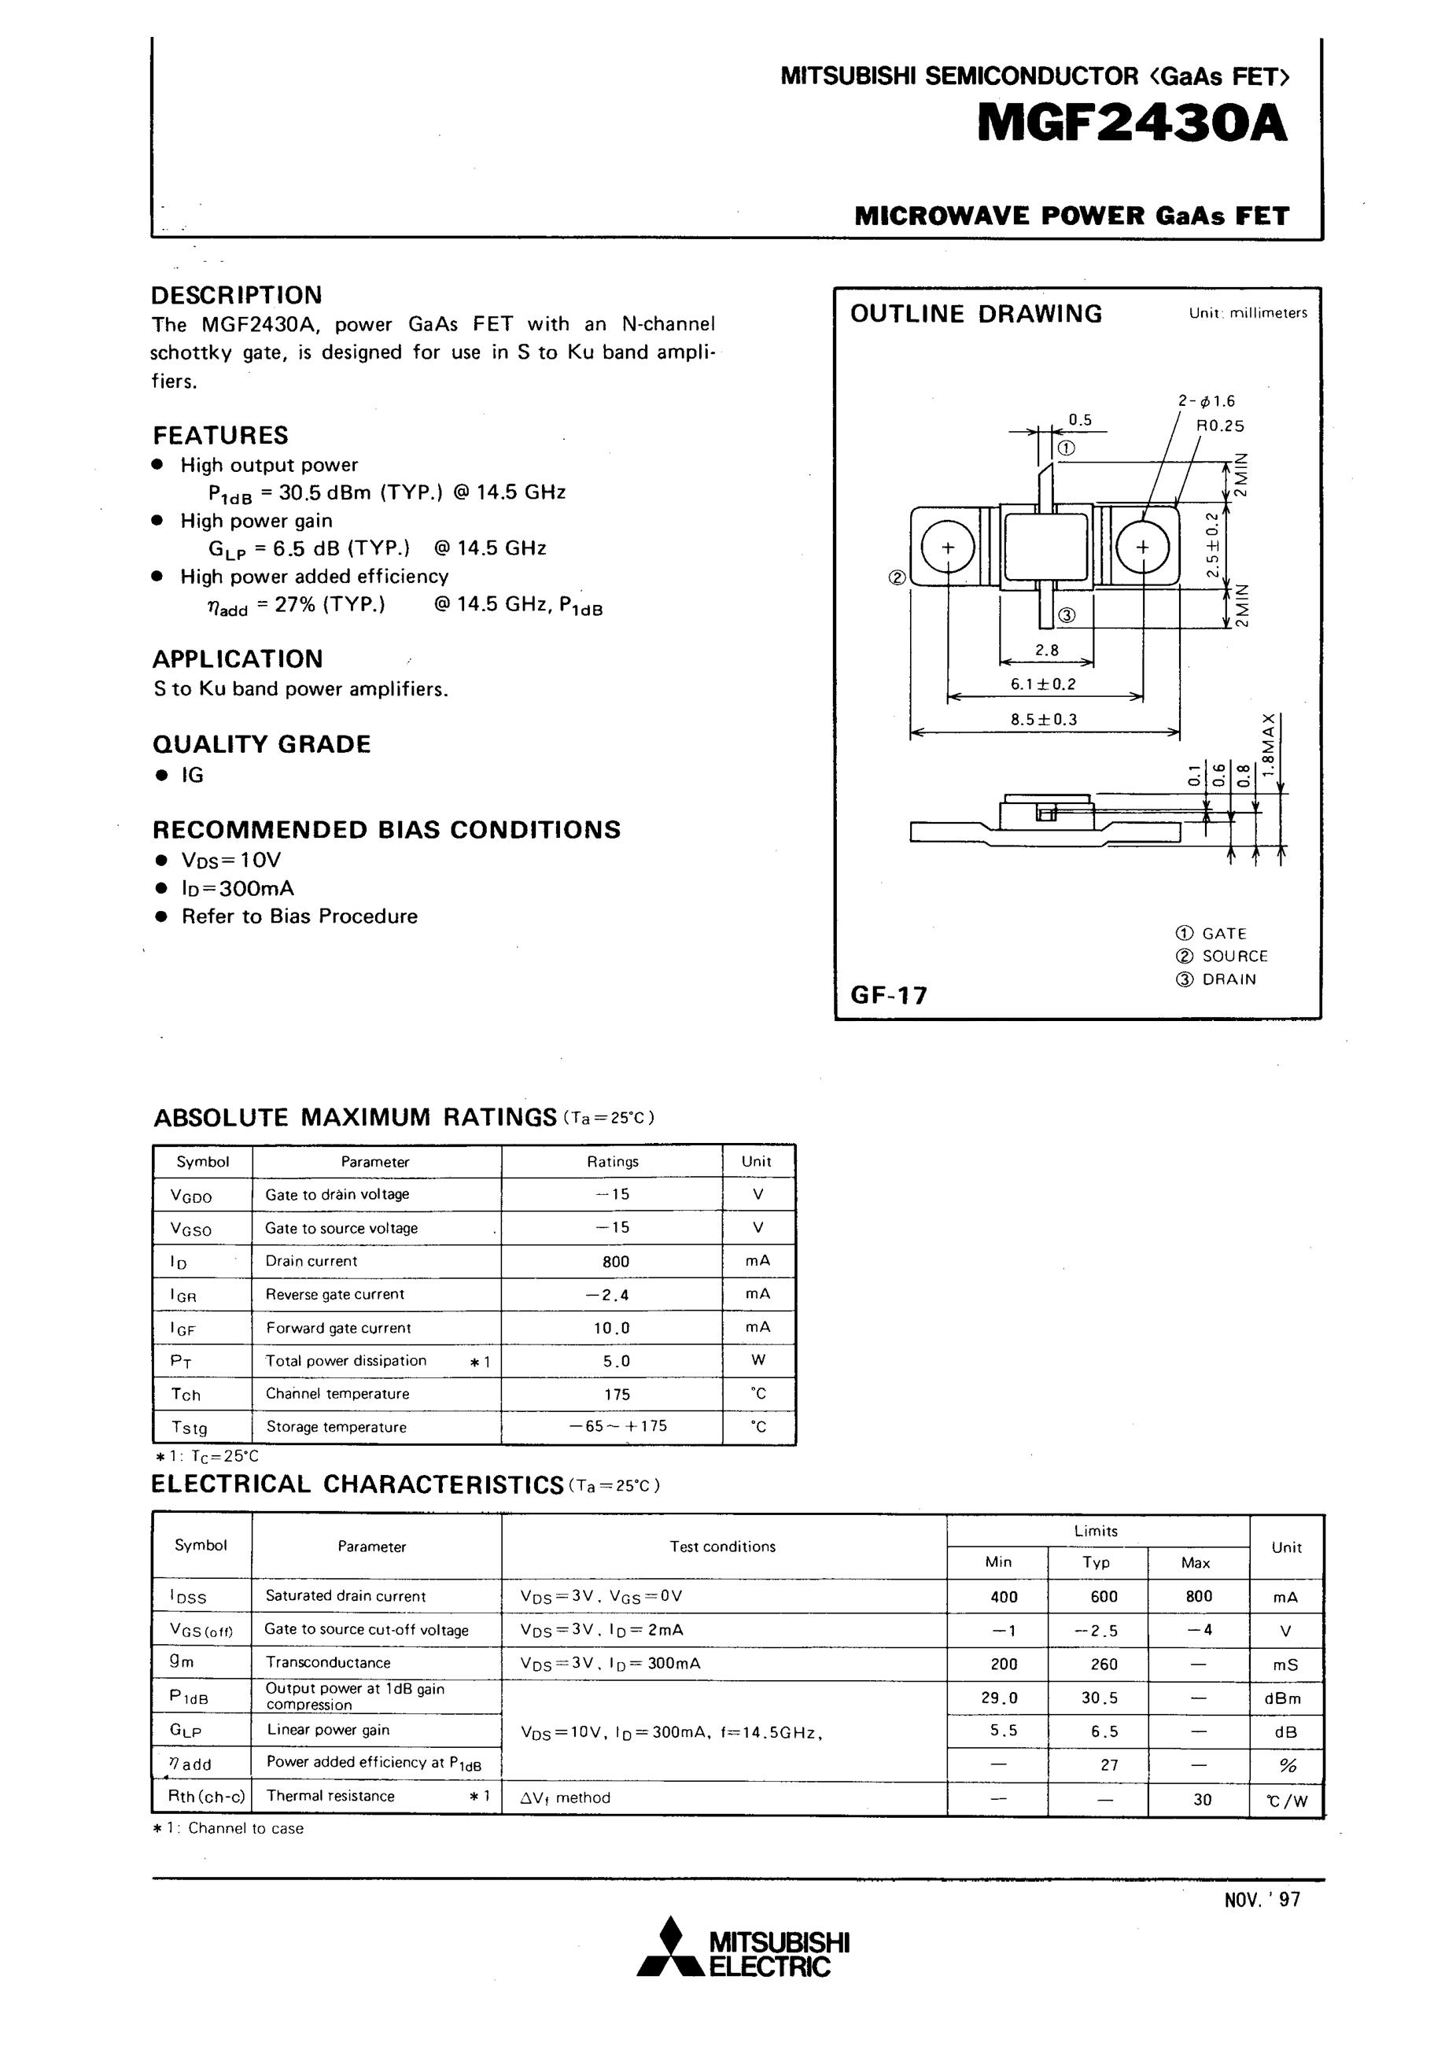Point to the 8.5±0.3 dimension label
(x=1043, y=719)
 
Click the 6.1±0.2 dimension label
(x=1043, y=684)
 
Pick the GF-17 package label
(x=889, y=994)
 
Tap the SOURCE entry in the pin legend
(x=1234, y=956)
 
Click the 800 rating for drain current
(x=616, y=1261)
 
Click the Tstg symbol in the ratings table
(x=189, y=1427)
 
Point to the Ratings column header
(x=612, y=1162)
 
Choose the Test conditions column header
(x=722, y=1547)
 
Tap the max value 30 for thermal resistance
(x=1202, y=1799)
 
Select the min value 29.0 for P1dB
(x=1004, y=1698)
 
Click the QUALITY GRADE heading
(x=261, y=744)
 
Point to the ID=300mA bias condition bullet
(x=237, y=889)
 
